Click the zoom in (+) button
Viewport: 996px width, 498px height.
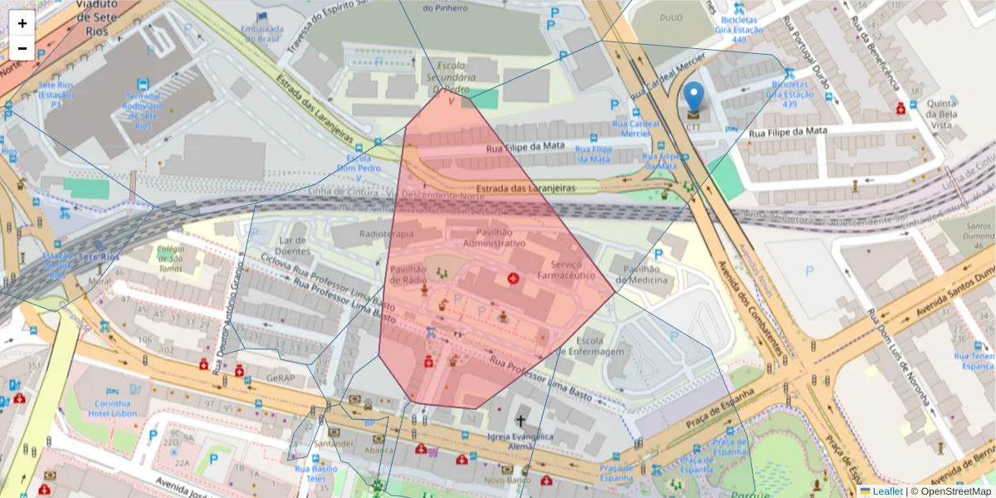[x=22, y=23]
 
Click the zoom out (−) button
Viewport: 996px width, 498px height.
[x=22, y=48]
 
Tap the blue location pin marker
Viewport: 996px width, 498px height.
[x=693, y=99]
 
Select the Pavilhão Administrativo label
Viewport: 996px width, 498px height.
[x=494, y=238]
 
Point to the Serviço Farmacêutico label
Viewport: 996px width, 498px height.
[x=566, y=269]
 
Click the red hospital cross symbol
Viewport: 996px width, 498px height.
[x=513, y=279]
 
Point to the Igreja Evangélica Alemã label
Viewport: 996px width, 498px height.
[x=520, y=442]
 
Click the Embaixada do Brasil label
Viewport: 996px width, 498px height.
[x=262, y=33]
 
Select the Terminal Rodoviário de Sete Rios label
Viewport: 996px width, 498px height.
[x=142, y=111]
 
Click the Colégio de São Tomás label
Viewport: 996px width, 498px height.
[x=169, y=257]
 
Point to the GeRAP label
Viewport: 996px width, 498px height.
[x=281, y=378]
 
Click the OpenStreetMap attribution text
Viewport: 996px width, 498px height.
[x=954, y=491]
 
